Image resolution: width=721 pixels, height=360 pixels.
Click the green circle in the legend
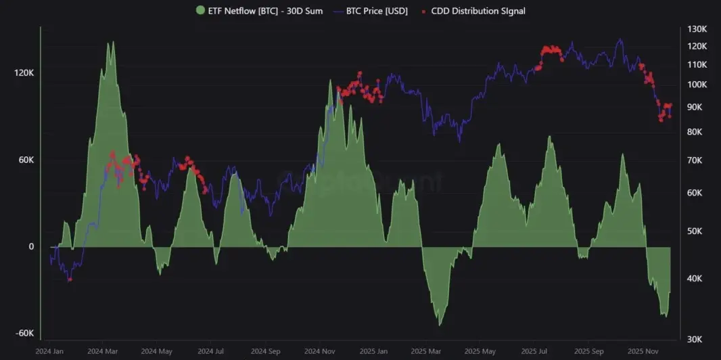pyautogui.click(x=200, y=11)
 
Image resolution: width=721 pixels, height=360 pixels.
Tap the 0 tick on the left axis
pyautogui.click(x=31, y=247)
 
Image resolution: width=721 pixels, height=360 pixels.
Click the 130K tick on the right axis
pyautogui.click(x=697, y=30)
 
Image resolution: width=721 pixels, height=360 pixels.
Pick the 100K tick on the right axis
pyautogui.click(x=697, y=85)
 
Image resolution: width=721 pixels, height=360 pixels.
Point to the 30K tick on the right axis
pyautogui.click(x=697, y=340)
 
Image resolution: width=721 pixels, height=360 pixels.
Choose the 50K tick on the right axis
pyautogui.click(x=697, y=231)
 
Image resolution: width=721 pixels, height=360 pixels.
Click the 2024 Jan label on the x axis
pyautogui.click(x=49, y=352)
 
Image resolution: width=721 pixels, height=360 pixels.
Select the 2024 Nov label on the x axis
pyautogui.click(x=319, y=352)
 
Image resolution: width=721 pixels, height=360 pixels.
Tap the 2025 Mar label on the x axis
pyautogui.click(x=427, y=352)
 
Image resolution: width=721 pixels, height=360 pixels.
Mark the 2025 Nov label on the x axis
pyautogui.click(x=643, y=352)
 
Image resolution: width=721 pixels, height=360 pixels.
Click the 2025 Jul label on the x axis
pyautogui.click(x=535, y=352)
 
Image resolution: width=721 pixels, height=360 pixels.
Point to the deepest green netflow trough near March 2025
pyautogui.click(x=440, y=325)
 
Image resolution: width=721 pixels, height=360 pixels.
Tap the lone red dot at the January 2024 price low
pyautogui.click(x=70, y=279)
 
